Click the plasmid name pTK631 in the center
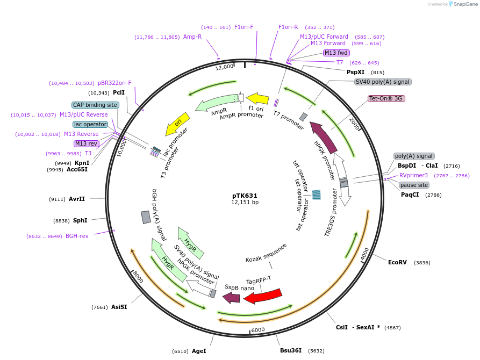click(245, 196)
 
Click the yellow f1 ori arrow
click(257, 98)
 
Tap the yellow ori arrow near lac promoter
click(177, 124)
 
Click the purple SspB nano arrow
click(232, 297)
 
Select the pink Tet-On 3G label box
click(386, 99)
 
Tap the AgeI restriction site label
click(199, 351)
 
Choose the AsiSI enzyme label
click(119, 307)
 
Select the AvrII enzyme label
click(77, 199)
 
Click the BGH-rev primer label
click(77, 236)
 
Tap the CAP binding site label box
click(95, 105)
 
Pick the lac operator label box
click(90, 124)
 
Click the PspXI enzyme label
click(355, 72)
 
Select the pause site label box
click(413, 185)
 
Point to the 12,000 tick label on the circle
click(225, 67)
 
